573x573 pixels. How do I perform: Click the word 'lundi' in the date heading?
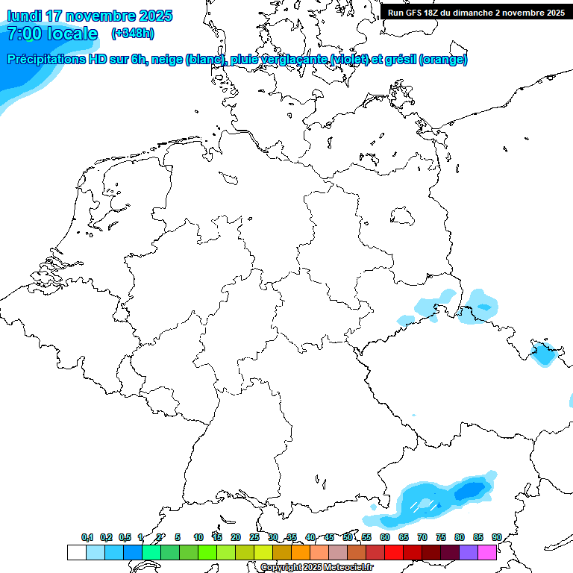click(24, 16)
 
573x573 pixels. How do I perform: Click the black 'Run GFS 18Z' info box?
click(476, 12)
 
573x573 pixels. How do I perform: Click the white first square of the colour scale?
click(76, 552)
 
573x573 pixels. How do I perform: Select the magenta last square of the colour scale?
click(487, 552)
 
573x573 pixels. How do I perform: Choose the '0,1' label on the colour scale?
click(87, 538)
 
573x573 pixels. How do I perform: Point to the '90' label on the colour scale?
click(496, 538)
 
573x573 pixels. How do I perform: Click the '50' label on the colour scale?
click(348, 538)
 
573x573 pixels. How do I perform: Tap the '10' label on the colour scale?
click(198, 538)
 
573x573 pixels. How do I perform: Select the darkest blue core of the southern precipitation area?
click(470, 491)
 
